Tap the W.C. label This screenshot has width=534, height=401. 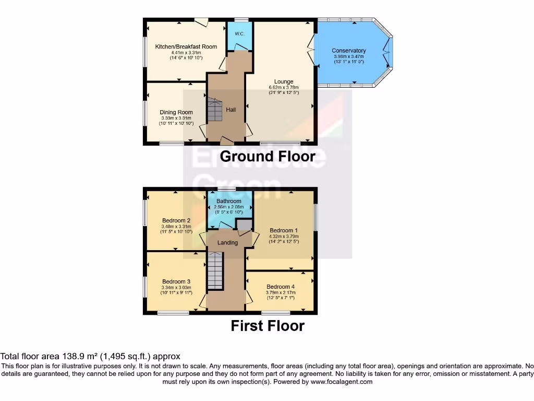[x=239, y=34]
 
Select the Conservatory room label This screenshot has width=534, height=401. [x=349, y=51]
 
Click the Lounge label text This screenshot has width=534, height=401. [x=281, y=81]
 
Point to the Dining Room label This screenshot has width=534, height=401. [x=176, y=112]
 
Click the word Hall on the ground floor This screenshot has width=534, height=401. [x=230, y=110]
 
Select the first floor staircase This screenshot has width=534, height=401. [x=215, y=270]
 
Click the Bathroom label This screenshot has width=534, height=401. [x=229, y=201]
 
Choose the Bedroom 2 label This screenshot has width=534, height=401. [x=176, y=220]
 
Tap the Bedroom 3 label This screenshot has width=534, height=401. [x=176, y=281]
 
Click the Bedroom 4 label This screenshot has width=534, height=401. [x=281, y=287]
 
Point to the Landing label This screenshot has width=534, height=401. [x=227, y=243]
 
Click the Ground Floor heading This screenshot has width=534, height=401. [x=268, y=156]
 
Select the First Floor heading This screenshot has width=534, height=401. [x=268, y=326]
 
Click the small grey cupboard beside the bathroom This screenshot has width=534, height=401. [x=243, y=225]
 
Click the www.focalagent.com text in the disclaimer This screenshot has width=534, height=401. [x=342, y=382]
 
